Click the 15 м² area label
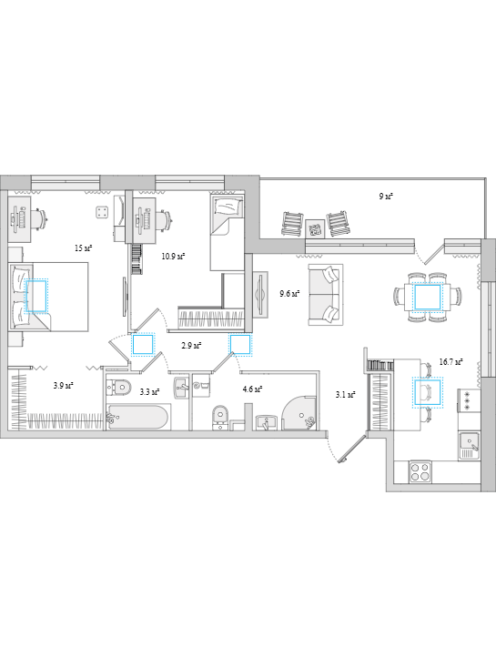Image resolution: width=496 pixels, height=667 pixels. point(84,248)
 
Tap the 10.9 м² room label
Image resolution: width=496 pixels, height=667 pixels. point(173,256)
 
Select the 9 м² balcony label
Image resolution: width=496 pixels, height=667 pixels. point(386,197)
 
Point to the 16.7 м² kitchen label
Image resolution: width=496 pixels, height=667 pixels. point(450,362)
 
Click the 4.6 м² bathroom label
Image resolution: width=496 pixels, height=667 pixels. point(252,389)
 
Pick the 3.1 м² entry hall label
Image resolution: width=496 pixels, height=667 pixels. point(346,395)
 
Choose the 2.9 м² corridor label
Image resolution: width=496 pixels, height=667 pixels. point(191,346)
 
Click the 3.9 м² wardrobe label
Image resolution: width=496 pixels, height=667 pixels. point(64,386)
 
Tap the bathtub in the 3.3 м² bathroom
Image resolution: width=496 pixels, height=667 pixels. point(138,417)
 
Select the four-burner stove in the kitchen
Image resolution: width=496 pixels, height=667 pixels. point(420,472)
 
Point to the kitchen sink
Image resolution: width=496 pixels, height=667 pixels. point(470,446)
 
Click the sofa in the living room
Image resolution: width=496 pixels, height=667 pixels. point(326,294)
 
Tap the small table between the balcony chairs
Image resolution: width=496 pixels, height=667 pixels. point(315,229)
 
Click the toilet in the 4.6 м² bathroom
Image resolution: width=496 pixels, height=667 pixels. point(220,417)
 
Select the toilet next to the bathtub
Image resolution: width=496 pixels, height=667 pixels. point(118,387)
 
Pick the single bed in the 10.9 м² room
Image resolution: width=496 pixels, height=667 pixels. point(228,232)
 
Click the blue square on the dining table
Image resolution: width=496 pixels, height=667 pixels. point(428,297)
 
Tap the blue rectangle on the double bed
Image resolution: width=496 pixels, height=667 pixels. point(36,296)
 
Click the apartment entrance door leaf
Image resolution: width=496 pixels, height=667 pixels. point(352,448)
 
